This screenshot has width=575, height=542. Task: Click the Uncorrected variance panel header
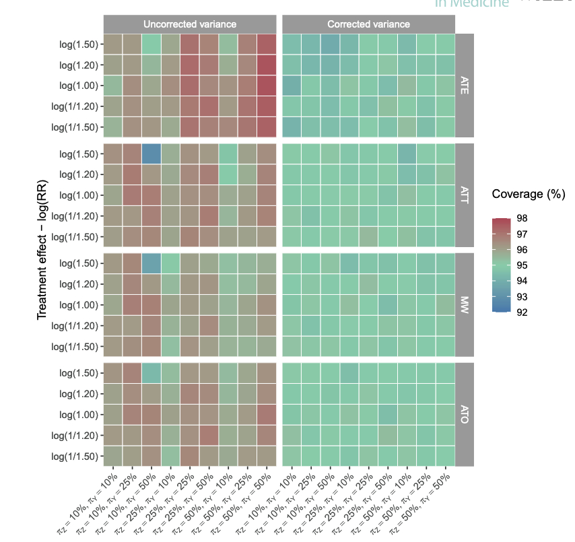pos(189,24)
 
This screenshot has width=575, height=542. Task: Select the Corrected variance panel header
pos(368,24)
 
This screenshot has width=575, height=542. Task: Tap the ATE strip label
pos(465,86)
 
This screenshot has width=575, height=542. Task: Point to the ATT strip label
pos(465,195)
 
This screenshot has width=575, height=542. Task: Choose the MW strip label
pos(465,304)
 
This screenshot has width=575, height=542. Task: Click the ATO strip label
pos(465,414)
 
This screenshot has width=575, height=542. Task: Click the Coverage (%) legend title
pos(528,195)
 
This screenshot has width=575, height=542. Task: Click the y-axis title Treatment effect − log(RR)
pos(42,247)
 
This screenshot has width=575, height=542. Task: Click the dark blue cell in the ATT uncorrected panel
pos(151,154)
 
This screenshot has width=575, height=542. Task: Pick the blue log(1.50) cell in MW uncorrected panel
pos(151,263)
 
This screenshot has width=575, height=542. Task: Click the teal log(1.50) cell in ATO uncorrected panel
pos(151,372)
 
